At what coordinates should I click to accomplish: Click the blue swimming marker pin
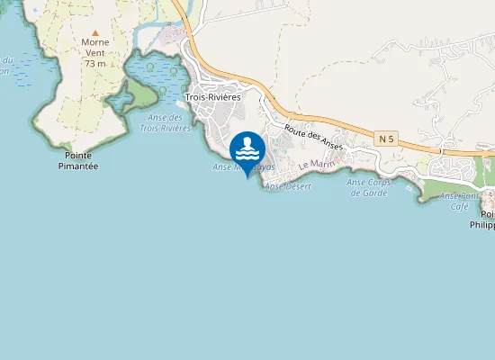pyautogui.click(x=247, y=148)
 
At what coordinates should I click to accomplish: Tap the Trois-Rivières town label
pyautogui.click(x=212, y=97)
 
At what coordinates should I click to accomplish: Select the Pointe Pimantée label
pyautogui.click(x=77, y=160)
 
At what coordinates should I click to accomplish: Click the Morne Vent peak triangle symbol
pyautogui.click(x=94, y=32)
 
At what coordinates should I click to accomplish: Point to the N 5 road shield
pyautogui.click(x=387, y=138)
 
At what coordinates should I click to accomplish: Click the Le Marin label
pyautogui.click(x=316, y=165)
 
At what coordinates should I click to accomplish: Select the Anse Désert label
pyautogui.click(x=289, y=185)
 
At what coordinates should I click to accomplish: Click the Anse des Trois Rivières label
pyautogui.click(x=168, y=122)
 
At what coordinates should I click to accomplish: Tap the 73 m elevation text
pyautogui.click(x=94, y=64)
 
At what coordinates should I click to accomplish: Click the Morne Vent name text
pyautogui.click(x=94, y=48)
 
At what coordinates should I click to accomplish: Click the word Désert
pyautogui.click(x=298, y=185)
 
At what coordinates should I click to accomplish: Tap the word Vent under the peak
pyautogui.click(x=94, y=53)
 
